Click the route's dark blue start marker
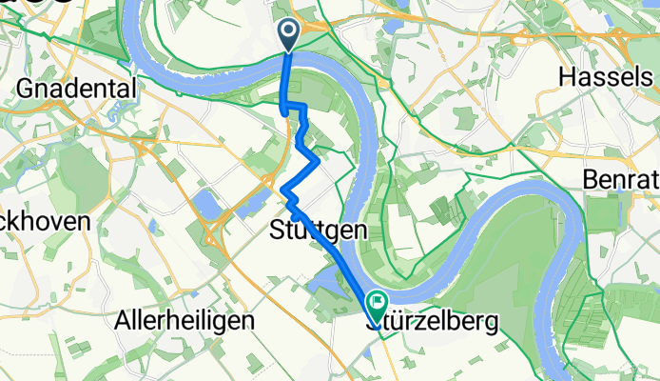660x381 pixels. pyautogui.click(x=289, y=35)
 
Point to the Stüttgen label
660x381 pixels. pyautogui.click(x=319, y=231)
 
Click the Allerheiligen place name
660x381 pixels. pyautogui.click(x=184, y=321)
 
